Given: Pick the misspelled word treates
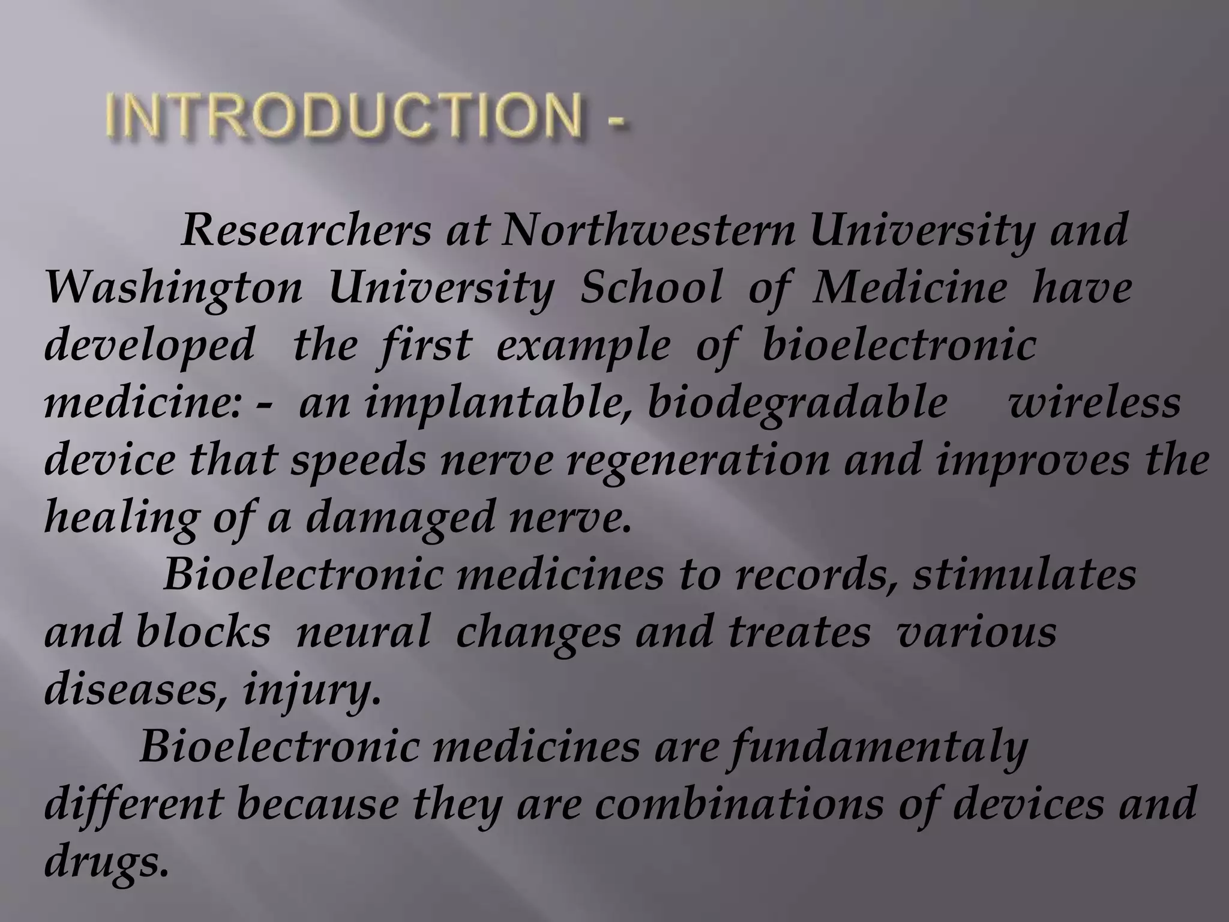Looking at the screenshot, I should coord(799,633).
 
